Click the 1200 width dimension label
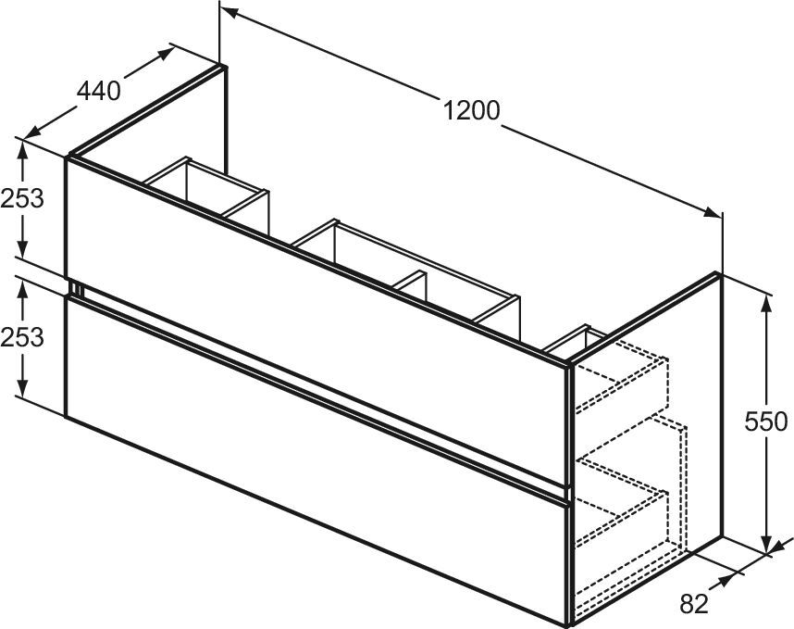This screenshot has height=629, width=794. (471, 111)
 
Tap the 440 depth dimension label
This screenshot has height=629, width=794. (98, 91)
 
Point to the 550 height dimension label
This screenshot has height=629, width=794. (768, 422)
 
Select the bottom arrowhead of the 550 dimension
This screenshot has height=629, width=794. (767, 547)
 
